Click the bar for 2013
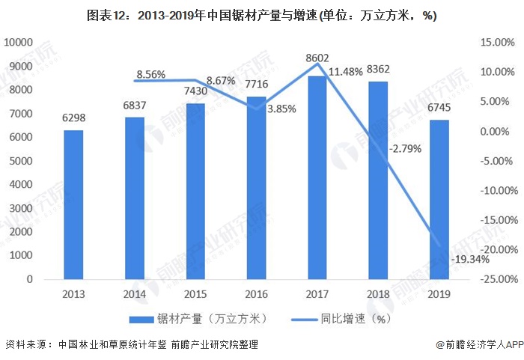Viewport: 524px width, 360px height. point(73,204)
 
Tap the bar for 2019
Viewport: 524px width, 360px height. point(439,199)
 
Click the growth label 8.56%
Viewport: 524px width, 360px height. point(149,75)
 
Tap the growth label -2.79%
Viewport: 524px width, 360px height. point(405,148)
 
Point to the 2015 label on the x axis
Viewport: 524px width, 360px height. point(196,294)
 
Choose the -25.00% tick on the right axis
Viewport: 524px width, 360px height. point(495,279)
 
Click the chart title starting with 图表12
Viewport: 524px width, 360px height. point(261,15)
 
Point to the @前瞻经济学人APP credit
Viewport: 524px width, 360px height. point(479,345)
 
